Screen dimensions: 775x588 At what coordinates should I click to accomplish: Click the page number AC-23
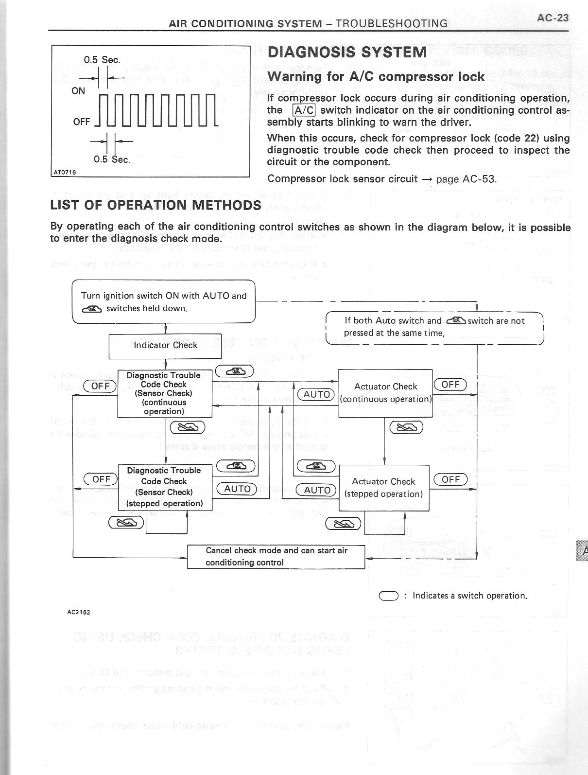click(553, 18)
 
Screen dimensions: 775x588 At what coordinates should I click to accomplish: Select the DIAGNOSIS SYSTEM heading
click(347, 53)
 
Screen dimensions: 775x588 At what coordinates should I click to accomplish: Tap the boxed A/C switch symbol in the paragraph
click(304, 110)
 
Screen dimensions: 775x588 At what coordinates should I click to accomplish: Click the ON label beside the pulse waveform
click(78, 91)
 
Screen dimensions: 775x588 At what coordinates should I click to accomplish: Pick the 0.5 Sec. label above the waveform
click(102, 60)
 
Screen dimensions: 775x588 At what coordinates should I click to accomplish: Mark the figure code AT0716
click(65, 172)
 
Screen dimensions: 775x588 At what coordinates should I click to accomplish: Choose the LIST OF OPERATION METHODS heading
click(156, 205)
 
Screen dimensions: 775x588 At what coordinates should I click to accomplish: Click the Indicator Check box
click(165, 345)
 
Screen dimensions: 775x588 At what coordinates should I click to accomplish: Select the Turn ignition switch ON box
click(163, 301)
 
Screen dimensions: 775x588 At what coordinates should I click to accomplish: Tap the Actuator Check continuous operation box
click(385, 393)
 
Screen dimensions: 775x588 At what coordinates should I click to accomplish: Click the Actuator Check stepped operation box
click(384, 488)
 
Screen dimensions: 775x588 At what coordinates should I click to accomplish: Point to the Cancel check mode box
click(276, 557)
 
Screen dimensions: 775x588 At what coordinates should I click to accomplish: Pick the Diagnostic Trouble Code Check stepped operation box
click(165, 487)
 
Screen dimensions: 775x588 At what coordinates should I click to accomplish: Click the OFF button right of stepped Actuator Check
click(450, 479)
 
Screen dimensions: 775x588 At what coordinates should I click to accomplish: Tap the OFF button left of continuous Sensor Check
click(100, 386)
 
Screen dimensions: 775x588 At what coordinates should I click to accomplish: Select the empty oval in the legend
click(389, 596)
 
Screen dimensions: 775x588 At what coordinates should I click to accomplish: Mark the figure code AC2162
click(78, 612)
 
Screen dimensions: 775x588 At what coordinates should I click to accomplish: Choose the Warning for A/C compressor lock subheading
click(376, 77)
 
